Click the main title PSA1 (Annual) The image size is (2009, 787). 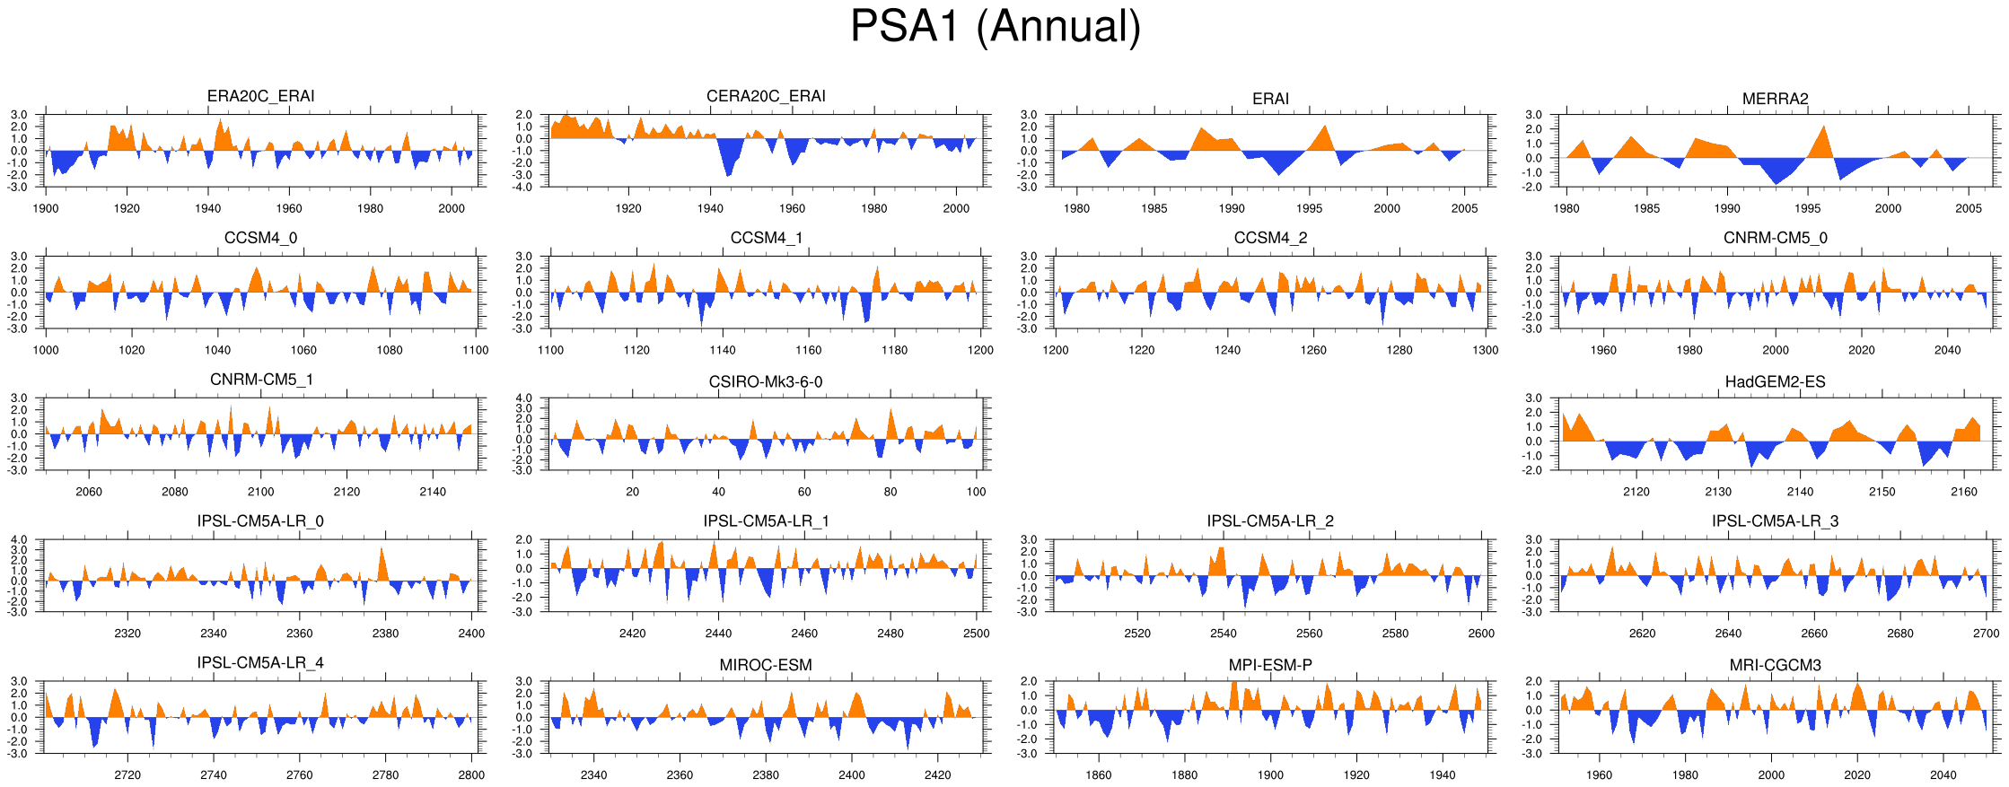click(995, 27)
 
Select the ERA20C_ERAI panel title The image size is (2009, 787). click(260, 96)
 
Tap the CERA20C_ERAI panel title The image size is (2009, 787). click(766, 96)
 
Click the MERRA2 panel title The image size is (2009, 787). click(1775, 99)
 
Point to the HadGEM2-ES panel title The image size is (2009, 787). click(1775, 381)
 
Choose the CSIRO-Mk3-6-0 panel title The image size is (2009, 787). click(766, 381)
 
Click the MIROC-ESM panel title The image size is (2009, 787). click(766, 665)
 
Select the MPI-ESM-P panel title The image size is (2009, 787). click(1270, 665)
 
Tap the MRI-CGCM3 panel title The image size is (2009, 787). click(1775, 665)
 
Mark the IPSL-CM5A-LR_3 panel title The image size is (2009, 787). click(1775, 521)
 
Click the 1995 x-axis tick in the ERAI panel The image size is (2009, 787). click(1309, 208)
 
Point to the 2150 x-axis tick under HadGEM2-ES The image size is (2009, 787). click(1882, 492)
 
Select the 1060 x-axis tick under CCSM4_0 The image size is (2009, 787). click(303, 350)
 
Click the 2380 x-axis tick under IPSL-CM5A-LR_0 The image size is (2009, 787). click(385, 634)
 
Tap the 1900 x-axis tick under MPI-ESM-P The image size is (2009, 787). click(1270, 775)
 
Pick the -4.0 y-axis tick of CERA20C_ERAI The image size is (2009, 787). click(524, 187)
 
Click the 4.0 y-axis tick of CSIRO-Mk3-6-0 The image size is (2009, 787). click(524, 398)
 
